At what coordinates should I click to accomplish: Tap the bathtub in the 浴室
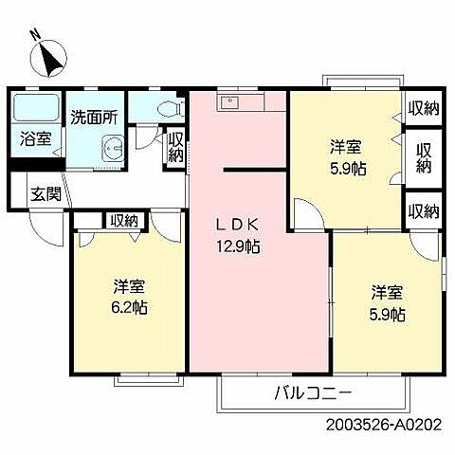tap(36, 105)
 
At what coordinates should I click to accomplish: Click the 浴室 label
tap(37, 138)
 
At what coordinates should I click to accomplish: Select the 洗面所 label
tap(95, 118)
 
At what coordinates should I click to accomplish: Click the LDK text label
tap(238, 226)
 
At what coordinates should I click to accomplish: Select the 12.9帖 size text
tap(238, 246)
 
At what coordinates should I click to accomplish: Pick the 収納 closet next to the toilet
tap(175, 148)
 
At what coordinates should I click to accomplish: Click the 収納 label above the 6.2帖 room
tap(123, 220)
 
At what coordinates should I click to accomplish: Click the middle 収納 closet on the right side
tap(424, 157)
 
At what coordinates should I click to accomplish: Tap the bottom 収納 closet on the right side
tap(423, 209)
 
